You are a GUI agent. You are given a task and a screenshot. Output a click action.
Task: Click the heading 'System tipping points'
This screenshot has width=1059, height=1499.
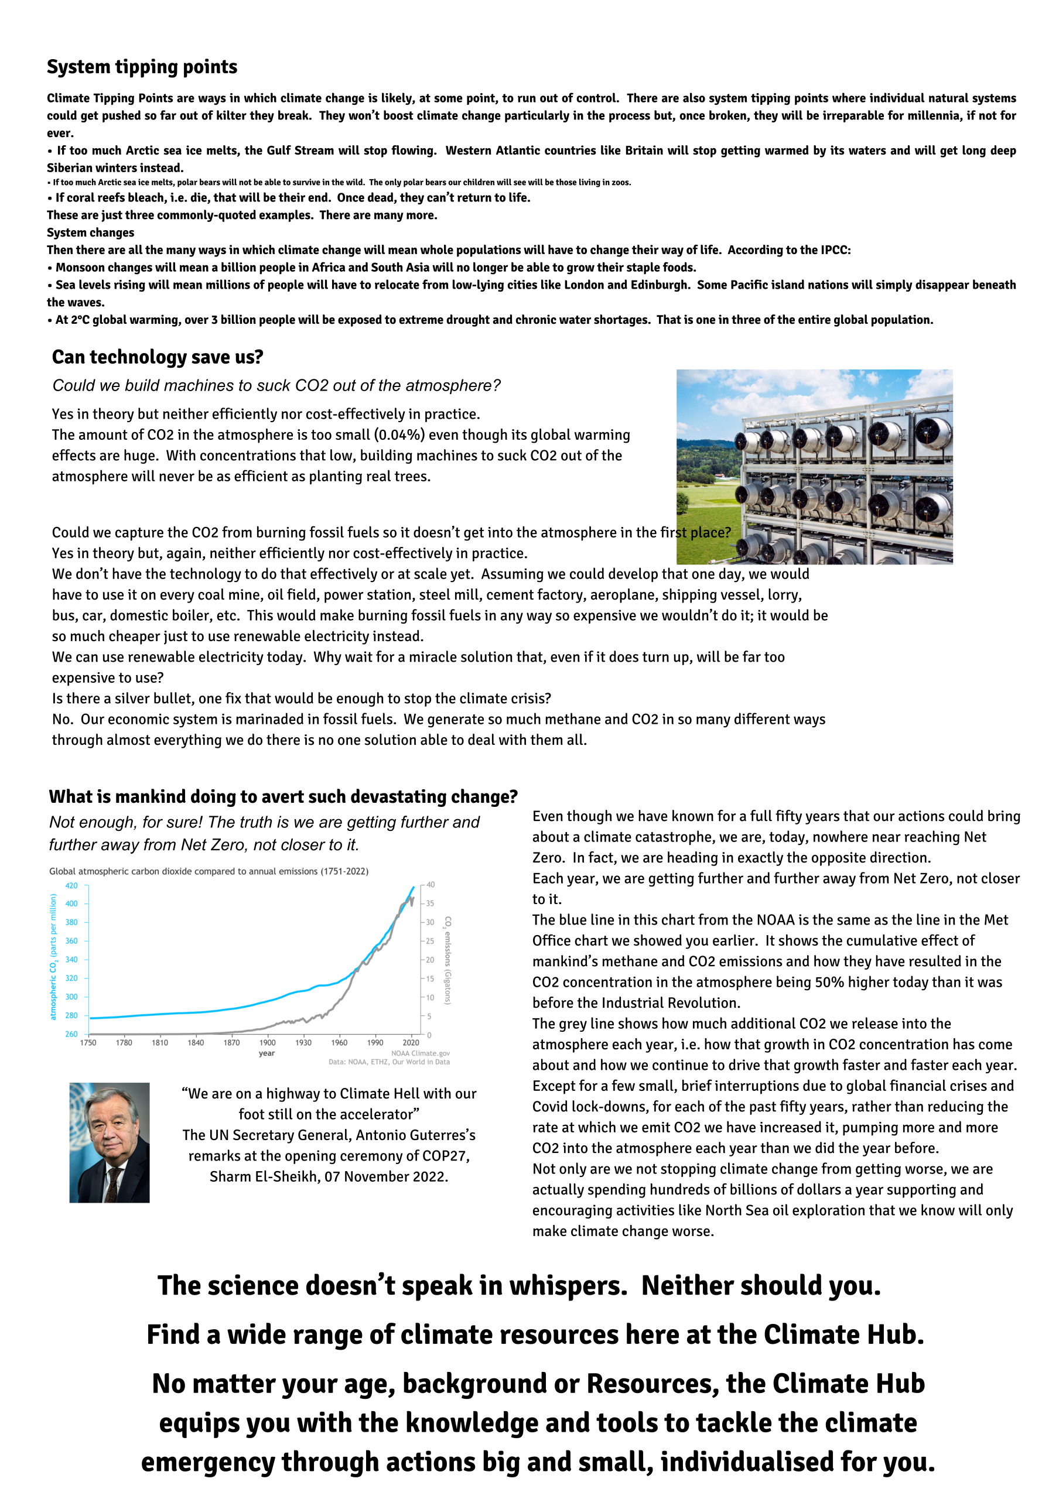[x=142, y=67]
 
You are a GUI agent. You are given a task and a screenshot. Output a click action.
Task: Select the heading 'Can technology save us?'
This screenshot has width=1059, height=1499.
[x=158, y=357]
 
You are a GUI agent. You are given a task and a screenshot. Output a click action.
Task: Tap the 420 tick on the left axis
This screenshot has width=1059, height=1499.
[x=71, y=886]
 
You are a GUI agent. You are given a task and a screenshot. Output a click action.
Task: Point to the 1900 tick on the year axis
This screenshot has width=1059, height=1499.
[x=267, y=1043]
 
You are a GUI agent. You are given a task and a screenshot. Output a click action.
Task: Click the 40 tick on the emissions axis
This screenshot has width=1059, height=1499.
[x=431, y=885]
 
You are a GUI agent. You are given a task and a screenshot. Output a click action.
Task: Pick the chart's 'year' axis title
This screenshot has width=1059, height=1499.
[x=267, y=1053]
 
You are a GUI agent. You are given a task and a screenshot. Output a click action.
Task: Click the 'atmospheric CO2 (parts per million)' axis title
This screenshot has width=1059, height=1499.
[x=53, y=957]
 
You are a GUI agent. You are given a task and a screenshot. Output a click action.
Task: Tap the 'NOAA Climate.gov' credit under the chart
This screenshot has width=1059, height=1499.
[x=421, y=1053]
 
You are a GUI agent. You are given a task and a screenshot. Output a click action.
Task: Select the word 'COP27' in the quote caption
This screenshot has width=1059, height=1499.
[x=444, y=1156]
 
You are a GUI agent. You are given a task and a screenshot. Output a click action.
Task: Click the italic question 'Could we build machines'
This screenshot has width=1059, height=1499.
[x=276, y=386]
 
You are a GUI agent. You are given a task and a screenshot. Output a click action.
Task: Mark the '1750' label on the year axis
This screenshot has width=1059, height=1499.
[x=88, y=1043]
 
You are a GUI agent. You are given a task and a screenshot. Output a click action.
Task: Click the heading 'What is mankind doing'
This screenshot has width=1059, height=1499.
[x=283, y=797]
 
